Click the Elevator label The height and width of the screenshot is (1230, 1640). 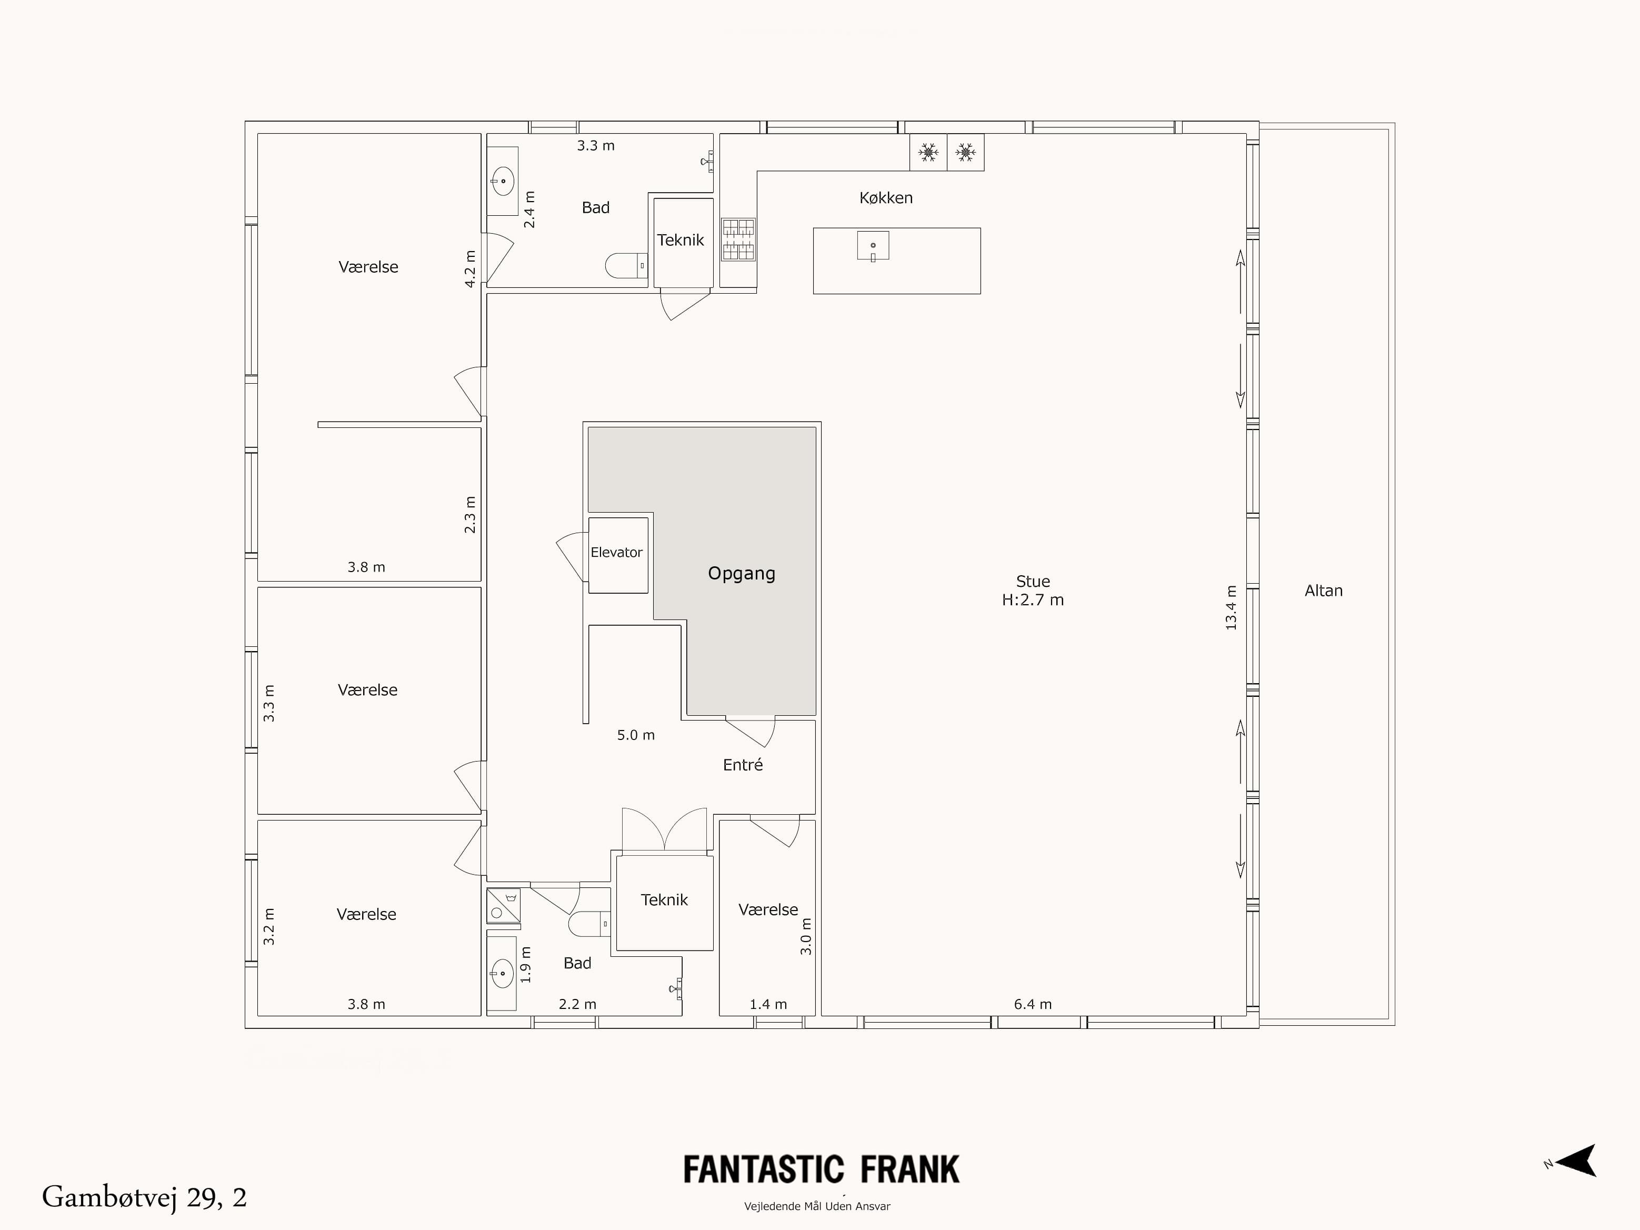coord(616,552)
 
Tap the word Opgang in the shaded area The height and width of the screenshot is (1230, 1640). coord(742,573)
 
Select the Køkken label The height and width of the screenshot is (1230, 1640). coord(886,198)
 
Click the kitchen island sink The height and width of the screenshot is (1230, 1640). coord(873,245)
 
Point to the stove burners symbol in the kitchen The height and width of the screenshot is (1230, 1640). coord(738,239)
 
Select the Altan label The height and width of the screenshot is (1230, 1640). coord(1323,591)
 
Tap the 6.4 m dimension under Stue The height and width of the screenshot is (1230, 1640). coord(1033,1005)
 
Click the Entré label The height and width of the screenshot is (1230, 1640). coord(743,765)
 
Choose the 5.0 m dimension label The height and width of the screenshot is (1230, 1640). coord(636,735)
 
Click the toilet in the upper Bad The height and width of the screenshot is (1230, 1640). coord(625,265)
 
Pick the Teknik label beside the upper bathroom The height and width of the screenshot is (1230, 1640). coord(681,240)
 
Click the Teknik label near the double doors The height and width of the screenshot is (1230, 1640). coord(664,900)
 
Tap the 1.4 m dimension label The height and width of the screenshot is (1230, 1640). coord(768,1005)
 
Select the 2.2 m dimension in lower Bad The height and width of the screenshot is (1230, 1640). coord(577,1005)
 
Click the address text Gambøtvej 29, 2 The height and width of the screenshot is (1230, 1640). coord(145,1197)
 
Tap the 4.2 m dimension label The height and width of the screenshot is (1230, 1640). coord(470,269)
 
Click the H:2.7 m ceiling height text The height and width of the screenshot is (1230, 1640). coord(1033,601)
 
